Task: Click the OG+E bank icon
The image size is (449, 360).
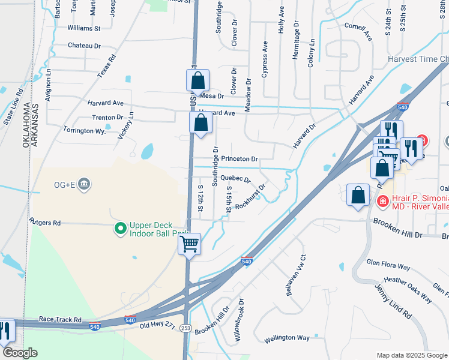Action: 85,183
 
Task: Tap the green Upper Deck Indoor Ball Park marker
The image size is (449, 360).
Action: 120,228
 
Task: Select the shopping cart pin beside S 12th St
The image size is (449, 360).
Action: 190,244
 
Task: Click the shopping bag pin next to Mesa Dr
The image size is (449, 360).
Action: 197,80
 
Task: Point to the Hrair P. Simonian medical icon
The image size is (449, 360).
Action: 382,202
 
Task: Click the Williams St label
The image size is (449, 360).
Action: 84,28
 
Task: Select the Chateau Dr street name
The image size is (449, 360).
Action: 84,46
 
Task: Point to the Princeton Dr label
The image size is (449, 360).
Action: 239,159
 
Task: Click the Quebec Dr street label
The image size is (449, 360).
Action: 235,179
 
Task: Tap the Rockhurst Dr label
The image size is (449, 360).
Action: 250,196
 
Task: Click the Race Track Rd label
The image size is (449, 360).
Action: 59,320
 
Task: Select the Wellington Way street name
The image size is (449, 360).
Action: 287,338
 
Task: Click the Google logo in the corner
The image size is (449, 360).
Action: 20,353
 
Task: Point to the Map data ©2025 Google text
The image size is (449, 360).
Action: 412,355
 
